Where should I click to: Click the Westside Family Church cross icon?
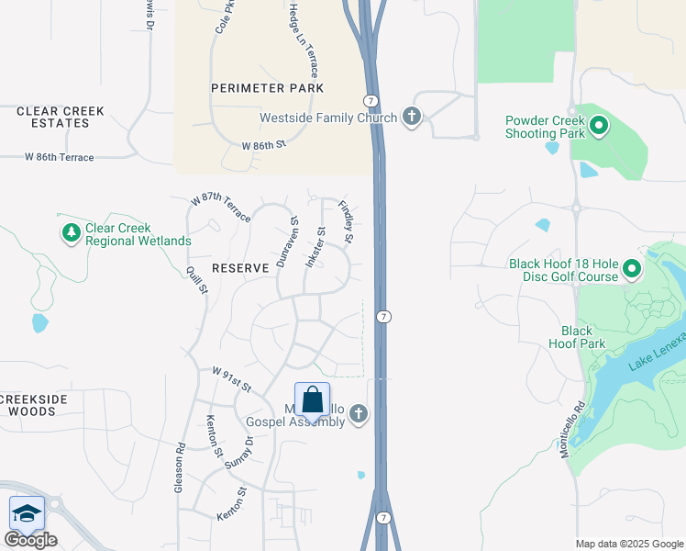[412, 117]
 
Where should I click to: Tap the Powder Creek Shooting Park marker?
[600, 126]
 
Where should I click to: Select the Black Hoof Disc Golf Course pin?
[632, 269]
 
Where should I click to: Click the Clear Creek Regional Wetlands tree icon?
[72, 233]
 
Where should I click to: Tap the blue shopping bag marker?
[312, 401]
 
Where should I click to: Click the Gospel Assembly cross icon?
[358, 415]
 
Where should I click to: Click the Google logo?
[30, 539]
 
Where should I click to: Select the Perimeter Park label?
[267, 88]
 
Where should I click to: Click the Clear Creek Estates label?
[61, 117]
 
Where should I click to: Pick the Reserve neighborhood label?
[240, 268]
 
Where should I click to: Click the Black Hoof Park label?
[577, 337]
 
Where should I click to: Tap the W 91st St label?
[232, 379]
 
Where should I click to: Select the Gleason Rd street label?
[181, 469]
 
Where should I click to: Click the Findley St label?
[347, 223]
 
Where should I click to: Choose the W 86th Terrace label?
[60, 158]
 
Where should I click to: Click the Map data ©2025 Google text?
[629, 544]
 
